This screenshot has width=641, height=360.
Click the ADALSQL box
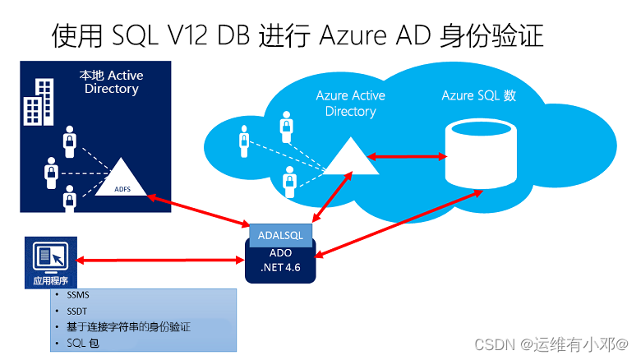pyautogui.click(x=280, y=235)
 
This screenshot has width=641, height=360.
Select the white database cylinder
pyautogui.click(x=481, y=154)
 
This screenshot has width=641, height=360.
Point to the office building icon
pyautogui.click(x=39, y=102)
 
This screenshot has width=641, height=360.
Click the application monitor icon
pyautogui.click(x=51, y=258)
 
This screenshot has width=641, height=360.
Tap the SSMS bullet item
pyautogui.click(x=78, y=295)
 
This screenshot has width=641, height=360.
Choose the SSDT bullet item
pyautogui.click(x=77, y=312)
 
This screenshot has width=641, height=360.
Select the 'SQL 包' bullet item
pyautogui.click(x=83, y=344)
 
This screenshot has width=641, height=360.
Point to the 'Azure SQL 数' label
pyautogui.click(x=479, y=95)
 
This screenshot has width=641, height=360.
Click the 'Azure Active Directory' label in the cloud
pyautogui.click(x=350, y=104)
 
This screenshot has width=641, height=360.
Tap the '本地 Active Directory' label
pyautogui.click(x=111, y=82)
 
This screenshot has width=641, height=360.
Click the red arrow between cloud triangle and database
pyautogui.click(x=407, y=156)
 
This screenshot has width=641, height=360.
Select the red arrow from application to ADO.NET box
pyautogui.click(x=160, y=261)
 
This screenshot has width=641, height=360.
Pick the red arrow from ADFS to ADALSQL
pyautogui.click(x=198, y=210)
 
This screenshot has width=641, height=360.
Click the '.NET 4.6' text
pyautogui.click(x=280, y=268)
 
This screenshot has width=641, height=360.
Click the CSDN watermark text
pyautogui.click(x=551, y=344)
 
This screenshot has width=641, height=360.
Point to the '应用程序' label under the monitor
pyautogui.click(x=51, y=280)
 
